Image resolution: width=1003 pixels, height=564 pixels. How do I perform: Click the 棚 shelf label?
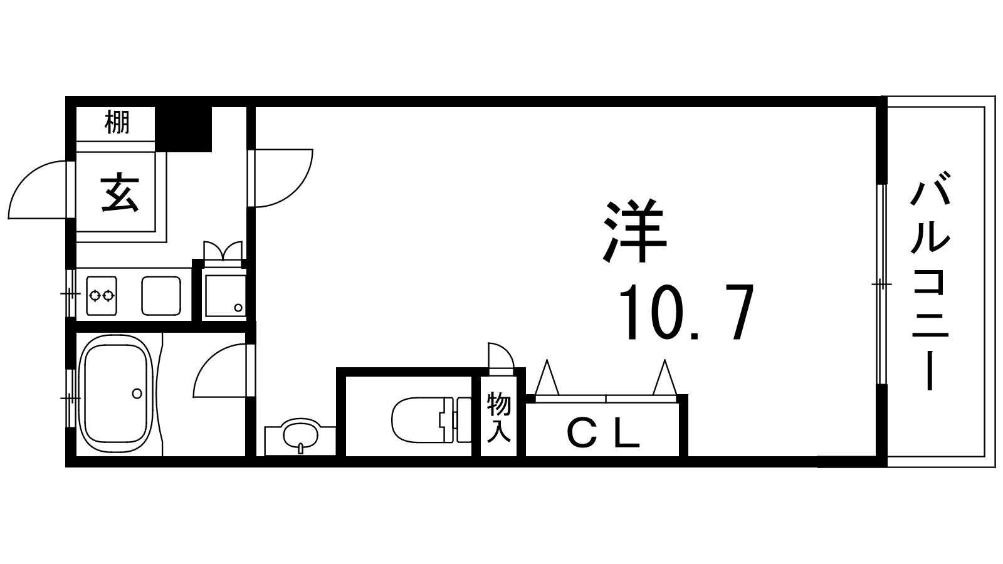coord(117,123)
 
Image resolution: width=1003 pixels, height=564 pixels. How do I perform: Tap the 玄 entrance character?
coord(120,194)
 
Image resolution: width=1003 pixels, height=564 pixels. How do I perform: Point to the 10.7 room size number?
coord(686,312)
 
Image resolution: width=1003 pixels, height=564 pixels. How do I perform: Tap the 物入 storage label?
coord(499,417)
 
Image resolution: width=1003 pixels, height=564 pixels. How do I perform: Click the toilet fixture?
coord(431,420)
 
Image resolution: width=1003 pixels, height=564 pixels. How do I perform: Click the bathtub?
coord(116,394)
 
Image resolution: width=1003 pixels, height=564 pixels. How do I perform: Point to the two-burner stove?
coord(102,295)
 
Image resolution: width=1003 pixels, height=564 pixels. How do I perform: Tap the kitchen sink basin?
coord(161,295)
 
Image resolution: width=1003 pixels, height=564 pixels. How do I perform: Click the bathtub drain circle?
coord(137,394)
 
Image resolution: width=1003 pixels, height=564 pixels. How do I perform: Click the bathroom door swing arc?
coord(220,370)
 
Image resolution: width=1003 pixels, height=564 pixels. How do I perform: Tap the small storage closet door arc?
coord(501,355)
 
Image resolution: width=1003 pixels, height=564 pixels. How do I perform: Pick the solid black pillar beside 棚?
coord(183,129)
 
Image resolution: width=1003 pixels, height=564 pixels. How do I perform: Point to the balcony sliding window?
coord(881,285)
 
